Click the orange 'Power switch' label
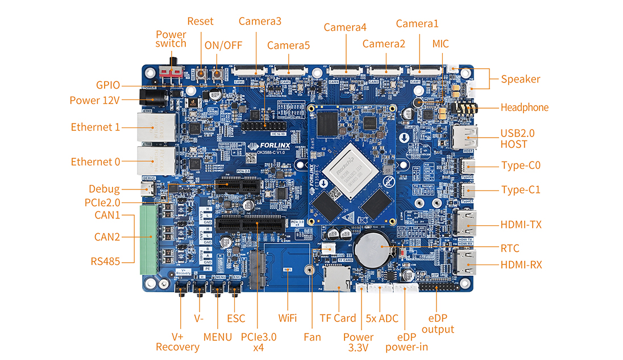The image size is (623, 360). pyautogui.click(x=171, y=39)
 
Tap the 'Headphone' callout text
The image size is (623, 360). pyautogui.click(x=524, y=107)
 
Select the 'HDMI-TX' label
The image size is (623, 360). pyautogui.click(x=521, y=225)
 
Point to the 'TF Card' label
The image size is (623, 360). pyautogui.click(x=338, y=318)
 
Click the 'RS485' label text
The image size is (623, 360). pyautogui.click(x=105, y=262)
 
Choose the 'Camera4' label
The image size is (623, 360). pyautogui.click(x=345, y=27)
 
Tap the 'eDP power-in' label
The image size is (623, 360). pyautogui.click(x=406, y=341)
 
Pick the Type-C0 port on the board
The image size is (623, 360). pyautogui.click(x=468, y=166)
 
